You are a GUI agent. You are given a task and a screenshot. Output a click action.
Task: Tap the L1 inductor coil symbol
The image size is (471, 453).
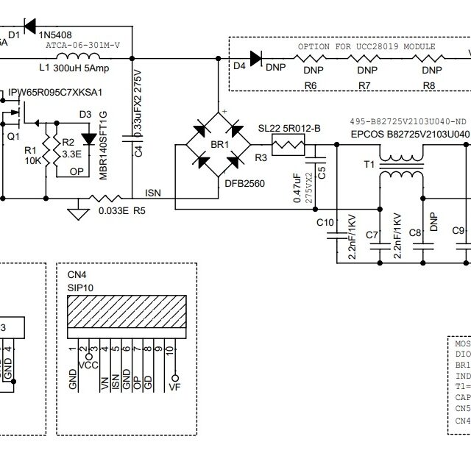tap(79, 60)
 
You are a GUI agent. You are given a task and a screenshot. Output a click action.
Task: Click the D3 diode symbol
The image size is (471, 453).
tap(90, 138)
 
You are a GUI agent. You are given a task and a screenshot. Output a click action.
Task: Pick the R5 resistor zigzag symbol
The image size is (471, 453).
tap(107, 198)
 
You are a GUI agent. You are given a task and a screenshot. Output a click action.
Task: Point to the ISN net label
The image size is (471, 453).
tap(153, 193)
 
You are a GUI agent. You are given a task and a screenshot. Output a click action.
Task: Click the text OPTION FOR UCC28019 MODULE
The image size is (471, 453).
tap(366, 46)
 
